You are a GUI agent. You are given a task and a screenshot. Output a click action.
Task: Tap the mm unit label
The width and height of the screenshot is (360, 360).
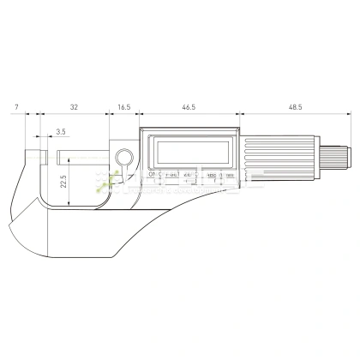tap(226, 175)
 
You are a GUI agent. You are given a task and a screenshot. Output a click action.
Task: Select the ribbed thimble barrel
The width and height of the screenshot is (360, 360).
tap(274, 160)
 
